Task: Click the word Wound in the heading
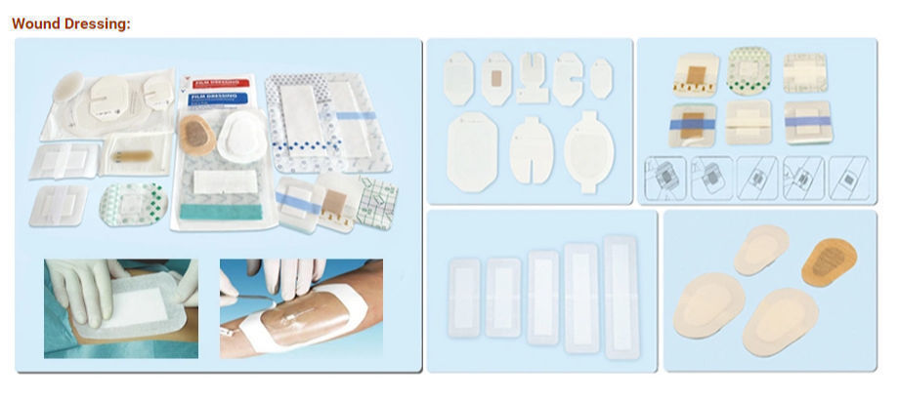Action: coord(35,22)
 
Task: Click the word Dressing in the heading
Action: coord(96,22)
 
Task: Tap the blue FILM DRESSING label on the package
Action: coord(218,100)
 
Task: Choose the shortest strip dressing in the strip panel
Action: coord(462,292)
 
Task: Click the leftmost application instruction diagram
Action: coord(665,180)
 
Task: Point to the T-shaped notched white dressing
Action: coord(532,78)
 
